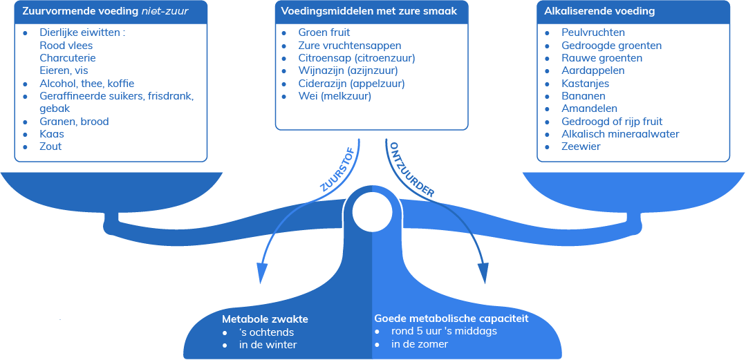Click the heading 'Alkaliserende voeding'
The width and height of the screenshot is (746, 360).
[599, 11]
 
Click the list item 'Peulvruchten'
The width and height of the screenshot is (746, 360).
[593, 32]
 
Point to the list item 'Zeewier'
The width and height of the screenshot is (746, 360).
[581, 146]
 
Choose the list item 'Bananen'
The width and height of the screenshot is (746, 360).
[584, 96]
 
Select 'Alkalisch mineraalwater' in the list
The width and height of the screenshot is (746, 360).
[620, 134]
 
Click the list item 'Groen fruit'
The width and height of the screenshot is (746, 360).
[324, 32]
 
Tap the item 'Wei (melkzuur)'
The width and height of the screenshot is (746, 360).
[335, 96]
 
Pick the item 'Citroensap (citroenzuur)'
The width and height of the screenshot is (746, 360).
[357, 58]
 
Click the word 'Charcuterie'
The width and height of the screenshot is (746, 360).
[68, 58]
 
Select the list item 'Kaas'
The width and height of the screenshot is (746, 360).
[52, 134]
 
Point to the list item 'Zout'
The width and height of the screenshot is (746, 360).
[50, 146]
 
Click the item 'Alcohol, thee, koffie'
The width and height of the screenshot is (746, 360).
[87, 83]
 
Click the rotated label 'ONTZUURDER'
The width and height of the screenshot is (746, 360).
[411, 170]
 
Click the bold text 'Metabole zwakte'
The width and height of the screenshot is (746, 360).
[265, 319]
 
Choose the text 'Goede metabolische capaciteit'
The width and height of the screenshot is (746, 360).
[451, 319]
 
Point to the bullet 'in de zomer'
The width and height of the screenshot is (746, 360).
[420, 344]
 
